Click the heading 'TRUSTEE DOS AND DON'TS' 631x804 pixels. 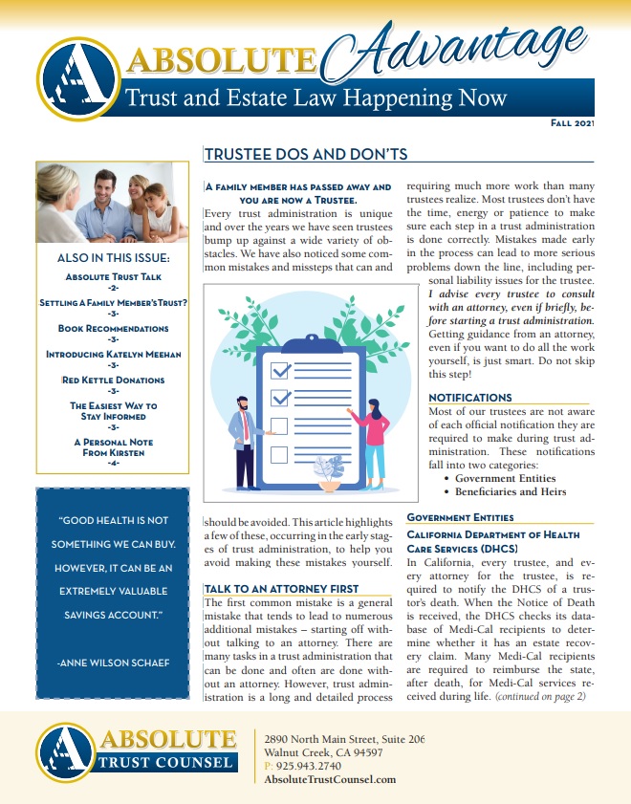(x=306, y=155)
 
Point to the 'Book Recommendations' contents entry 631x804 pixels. (x=113, y=328)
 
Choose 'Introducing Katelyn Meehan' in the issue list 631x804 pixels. (x=113, y=354)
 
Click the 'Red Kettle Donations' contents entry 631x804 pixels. (x=113, y=380)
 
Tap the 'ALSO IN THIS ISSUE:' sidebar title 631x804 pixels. (x=113, y=258)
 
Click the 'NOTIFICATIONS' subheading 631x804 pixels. (x=469, y=398)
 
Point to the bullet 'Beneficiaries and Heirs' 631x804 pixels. (x=511, y=491)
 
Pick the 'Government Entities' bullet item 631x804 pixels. (x=503, y=478)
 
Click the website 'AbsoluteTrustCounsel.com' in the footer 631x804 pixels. (x=329, y=780)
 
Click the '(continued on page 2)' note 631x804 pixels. (x=539, y=696)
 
